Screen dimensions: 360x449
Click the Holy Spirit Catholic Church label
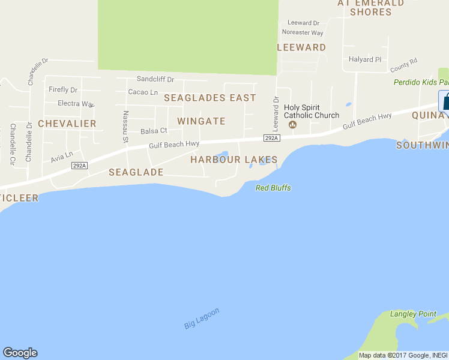[x=311, y=112]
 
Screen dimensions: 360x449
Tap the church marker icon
[x=292, y=125]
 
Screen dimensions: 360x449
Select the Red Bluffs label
[x=273, y=188]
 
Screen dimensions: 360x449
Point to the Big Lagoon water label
[x=202, y=318]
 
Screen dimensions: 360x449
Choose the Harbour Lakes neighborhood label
[x=234, y=160]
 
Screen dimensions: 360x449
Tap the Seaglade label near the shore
[x=136, y=172]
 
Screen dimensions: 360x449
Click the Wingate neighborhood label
[x=201, y=121]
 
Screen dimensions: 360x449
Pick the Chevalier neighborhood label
[x=67, y=124]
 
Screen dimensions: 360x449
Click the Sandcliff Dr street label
[x=155, y=79]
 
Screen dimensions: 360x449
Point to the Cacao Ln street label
[x=143, y=92]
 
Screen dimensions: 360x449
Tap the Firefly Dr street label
[x=63, y=90]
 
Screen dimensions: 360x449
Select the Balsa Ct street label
[x=154, y=131]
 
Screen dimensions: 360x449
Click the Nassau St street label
[x=126, y=127]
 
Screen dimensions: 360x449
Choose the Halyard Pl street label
[x=365, y=59]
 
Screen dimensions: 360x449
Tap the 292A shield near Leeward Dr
[x=271, y=138]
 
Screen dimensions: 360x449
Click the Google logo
[x=20, y=353]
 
